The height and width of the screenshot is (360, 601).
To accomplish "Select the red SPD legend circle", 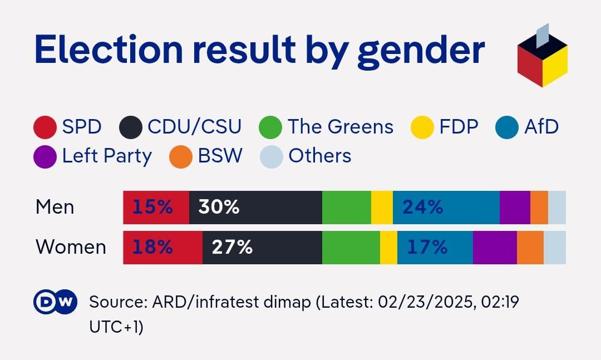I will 45,127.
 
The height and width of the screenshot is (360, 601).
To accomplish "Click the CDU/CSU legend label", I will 194,127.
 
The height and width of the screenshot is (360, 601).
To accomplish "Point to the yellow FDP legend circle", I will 422,127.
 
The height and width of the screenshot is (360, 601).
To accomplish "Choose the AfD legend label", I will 541,127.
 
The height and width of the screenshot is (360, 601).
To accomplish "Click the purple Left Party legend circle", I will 45,156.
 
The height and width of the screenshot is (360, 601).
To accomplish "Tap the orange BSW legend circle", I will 181,156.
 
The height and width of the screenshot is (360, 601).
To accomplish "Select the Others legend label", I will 319,156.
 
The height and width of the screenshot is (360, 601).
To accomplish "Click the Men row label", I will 55,208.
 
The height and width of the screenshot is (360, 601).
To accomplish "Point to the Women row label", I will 71,247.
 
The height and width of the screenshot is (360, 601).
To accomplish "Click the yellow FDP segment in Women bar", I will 388,247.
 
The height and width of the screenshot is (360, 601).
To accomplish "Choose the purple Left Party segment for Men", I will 515,208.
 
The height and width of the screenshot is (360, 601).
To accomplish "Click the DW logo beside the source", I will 55,302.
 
